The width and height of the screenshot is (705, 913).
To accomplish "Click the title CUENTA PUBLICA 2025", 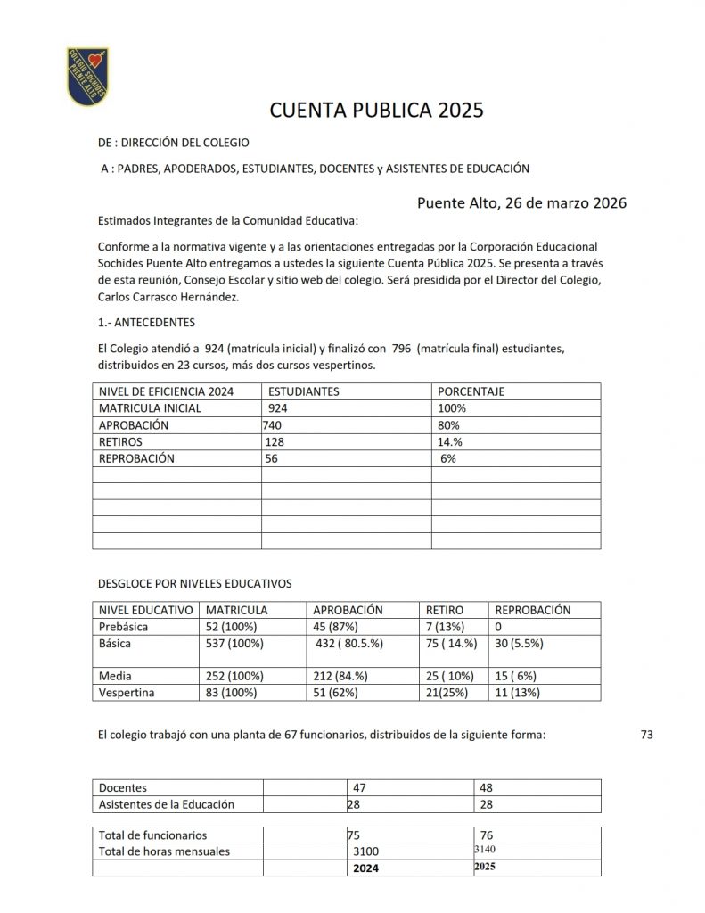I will (x=376, y=111).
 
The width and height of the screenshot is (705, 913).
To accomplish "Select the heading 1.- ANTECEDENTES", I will (x=146, y=322).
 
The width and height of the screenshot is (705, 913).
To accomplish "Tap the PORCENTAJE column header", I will (x=470, y=391).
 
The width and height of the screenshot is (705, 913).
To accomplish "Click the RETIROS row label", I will (x=120, y=442).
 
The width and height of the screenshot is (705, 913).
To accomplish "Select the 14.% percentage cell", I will (x=450, y=442).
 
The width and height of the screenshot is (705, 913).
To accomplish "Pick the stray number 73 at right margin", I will (x=647, y=735).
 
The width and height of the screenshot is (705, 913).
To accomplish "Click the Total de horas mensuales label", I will (x=164, y=851).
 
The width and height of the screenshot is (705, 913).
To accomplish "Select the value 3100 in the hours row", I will (x=368, y=851).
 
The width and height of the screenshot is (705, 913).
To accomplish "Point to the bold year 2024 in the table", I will (x=366, y=868).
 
